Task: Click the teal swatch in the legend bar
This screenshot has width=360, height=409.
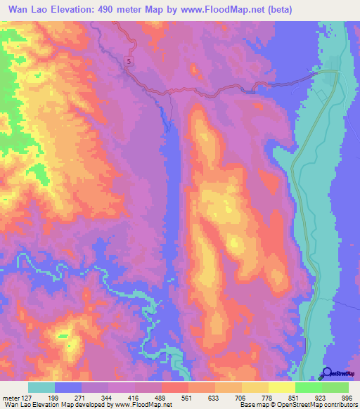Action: point(41,387)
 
